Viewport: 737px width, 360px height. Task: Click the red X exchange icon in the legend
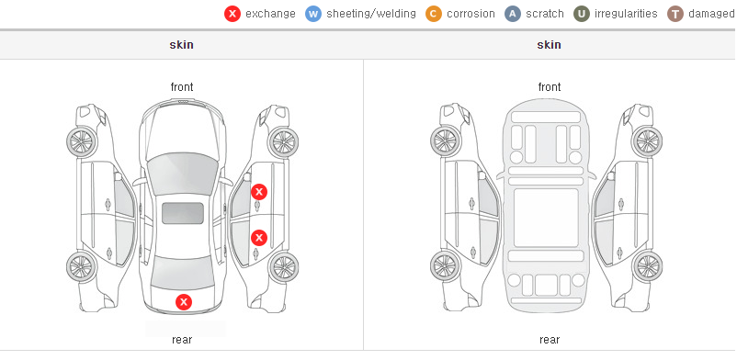[x=232, y=14]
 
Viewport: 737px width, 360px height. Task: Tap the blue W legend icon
[x=313, y=14]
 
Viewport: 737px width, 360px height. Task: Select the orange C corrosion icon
[x=434, y=14]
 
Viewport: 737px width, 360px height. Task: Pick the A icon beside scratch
[x=513, y=14]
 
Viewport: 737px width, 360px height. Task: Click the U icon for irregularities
[x=582, y=14]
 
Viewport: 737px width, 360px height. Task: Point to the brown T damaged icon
[x=675, y=14]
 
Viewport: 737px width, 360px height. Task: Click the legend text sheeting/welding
[x=371, y=14]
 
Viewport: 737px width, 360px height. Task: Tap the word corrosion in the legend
[x=471, y=14]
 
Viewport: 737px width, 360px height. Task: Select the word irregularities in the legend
[x=626, y=14]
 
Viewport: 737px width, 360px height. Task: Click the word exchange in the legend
[x=270, y=14]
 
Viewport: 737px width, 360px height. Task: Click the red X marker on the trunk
[x=184, y=302]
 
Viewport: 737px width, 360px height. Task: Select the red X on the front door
[x=259, y=192]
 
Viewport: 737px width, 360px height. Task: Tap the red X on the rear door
[x=259, y=238]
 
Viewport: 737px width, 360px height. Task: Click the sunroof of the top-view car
[x=183, y=213]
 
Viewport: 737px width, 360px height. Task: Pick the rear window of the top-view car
[x=182, y=273]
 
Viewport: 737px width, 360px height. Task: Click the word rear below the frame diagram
[x=550, y=340]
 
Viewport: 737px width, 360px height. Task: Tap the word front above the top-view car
[x=182, y=87]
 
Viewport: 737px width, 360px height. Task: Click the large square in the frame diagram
[x=546, y=218]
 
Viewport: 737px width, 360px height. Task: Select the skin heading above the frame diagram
[x=549, y=45]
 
